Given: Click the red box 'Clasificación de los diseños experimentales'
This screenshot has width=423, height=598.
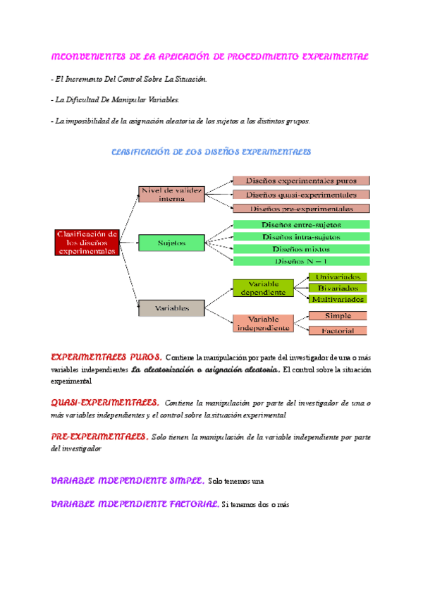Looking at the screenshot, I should click(x=87, y=242).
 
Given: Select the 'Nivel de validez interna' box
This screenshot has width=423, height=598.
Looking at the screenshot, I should click(x=171, y=194).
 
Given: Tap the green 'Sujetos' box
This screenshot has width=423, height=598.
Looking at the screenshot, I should click(x=171, y=243).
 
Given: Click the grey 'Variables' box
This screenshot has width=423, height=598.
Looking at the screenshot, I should click(x=171, y=307).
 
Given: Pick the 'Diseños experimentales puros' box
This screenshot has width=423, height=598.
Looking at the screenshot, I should click(x=300, y=181).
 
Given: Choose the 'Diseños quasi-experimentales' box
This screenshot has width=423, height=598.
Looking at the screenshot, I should click(x=300, y=195).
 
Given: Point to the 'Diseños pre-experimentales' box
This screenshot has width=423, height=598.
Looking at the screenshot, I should click(x=300, y=208).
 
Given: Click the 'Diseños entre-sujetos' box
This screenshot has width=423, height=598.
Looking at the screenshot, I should click(x=300, y=225).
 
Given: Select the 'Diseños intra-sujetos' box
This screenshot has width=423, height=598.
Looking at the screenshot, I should click(x=300, y=237).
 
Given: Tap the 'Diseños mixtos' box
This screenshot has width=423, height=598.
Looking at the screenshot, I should click(x=300, y=249).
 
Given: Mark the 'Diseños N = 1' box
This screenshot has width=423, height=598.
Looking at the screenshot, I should click(x=300, y=261).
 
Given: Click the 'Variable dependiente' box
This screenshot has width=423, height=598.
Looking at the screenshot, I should click(x=262, y=287).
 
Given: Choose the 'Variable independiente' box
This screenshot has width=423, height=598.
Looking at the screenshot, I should click(x=262, y=323).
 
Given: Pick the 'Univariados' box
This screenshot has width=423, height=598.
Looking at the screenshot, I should click(x=338, y=276).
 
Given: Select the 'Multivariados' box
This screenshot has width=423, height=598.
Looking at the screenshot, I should click(x=338, y=298).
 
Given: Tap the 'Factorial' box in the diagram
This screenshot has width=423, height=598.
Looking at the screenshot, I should click(x=338, y=330).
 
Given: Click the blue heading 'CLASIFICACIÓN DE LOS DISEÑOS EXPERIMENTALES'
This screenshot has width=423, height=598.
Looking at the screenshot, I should click(x=211, y=152).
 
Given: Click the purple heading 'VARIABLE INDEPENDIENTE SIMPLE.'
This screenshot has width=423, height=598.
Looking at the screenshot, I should click(x=128, y=481).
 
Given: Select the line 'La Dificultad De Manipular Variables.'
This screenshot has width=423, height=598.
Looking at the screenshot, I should click(x=110, y=100).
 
